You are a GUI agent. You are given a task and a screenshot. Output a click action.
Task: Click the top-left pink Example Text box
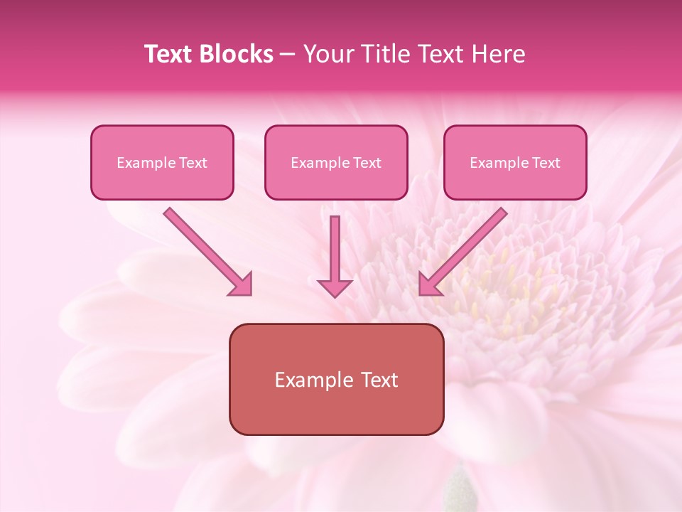162,162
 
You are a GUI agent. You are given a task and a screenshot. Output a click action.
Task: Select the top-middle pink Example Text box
336,162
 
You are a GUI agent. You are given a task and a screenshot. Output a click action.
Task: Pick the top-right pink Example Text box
515,162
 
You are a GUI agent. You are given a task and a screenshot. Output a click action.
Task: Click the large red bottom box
336,379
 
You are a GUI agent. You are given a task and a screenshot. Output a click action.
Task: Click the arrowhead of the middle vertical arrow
335,288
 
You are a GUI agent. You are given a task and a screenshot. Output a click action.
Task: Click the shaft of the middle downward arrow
335,245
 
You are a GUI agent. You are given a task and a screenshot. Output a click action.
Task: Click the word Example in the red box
309,380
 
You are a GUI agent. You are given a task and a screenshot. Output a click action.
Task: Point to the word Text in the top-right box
546,163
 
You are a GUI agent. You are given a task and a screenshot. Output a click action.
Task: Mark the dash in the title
288,54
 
